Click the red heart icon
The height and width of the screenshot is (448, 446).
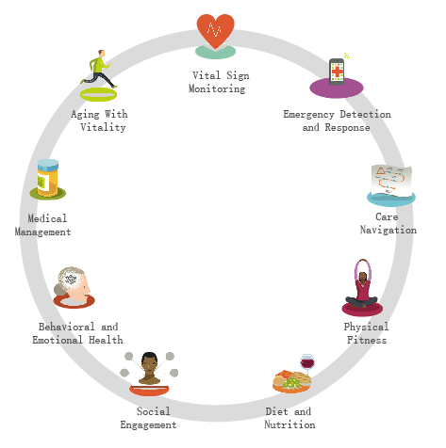[x=215, y=30]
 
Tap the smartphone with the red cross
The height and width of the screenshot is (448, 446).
[x=337, y=72]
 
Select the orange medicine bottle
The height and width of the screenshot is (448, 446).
[x=48, y=178]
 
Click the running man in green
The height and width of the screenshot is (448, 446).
[x=98, y=69]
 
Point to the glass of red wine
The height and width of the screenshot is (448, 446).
[x=307, y=364]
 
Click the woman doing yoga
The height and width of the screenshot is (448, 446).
[x=362, y=284]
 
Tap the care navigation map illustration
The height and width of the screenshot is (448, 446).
[x=391, y=181]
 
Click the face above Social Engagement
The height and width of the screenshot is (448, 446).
[x=149, y=368]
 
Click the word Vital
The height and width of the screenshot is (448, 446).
[x=206, y=75]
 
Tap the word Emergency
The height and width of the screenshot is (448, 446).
[x=308, y=115]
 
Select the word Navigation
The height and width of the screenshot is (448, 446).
[x=388, y=230]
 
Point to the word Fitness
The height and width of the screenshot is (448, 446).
[x=367, y=340]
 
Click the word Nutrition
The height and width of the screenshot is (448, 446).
[x=289, y=424]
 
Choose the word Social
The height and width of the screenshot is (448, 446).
[x=154, y=411]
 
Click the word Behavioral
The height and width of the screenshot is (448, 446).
[x=66, y=327]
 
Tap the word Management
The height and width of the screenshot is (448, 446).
[x=42, y=232]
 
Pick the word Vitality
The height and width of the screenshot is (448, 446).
[x=103, y=127]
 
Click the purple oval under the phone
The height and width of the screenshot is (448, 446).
[x=337, y=89]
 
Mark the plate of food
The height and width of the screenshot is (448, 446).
[x=291, y=382]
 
